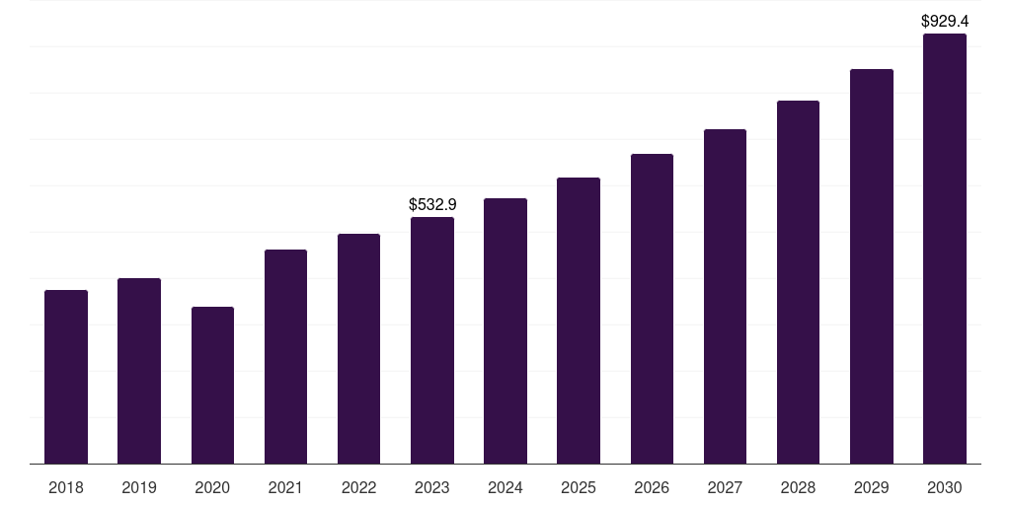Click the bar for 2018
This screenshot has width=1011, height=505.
click(x=66, y=377)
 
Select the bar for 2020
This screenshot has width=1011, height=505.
click(x=212, y=385)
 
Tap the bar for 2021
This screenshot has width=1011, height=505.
click(x=285, y=356)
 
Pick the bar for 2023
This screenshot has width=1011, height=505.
click(x=432, y=340)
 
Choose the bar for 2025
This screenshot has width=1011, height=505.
click(x=579, y=321)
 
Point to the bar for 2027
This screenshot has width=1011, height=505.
click(x=725, y=296)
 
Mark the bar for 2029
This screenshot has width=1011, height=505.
click(x=872, y=266)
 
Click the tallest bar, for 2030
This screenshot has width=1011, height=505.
click(x=945, y=249)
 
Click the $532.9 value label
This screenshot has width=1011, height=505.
click(x=432, y=205)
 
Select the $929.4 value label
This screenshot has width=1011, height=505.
click(x=945, y=21)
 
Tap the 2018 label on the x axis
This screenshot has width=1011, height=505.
click(x=66, y=488)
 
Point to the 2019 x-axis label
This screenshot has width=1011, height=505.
click(x=139, y=488)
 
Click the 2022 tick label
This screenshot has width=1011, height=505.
click(x=359, y=488)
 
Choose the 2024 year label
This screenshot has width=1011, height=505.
click(x=505, y=488)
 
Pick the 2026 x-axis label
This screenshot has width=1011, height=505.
click(x=652, y=488)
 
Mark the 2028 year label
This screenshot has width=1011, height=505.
click(x=798, y=488)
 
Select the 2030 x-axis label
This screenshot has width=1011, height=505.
click(x=945, y=488)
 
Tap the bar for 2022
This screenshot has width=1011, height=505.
click(x=359, y=348)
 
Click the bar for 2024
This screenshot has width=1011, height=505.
click(x=505, y=330)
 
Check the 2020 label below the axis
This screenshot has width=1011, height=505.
click(x=212, y=488)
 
